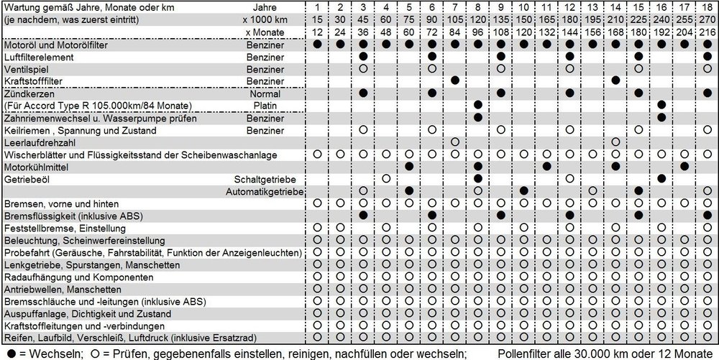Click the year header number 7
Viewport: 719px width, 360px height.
tap(455, 7)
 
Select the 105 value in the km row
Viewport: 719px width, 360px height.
tap(455, 20)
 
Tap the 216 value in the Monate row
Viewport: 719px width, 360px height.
tap(707, 33)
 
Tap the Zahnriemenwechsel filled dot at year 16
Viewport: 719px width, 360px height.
tap(661, 117)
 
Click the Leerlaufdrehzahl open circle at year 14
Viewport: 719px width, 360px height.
tap(615, 142)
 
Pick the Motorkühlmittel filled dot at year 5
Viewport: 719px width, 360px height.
tap(409, 166)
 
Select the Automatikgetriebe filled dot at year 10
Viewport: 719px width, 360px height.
tap(524, 190)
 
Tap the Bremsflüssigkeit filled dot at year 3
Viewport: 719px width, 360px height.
tap(363, 215)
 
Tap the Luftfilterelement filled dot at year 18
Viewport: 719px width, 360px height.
tap(707, 56)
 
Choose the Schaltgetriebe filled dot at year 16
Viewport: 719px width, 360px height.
tap(661, 178)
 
